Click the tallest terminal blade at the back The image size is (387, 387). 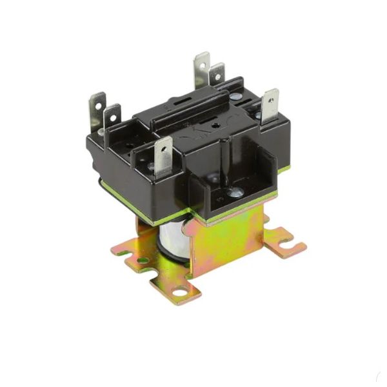202,68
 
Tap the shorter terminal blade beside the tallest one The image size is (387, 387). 217,74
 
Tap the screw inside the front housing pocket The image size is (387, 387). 235,192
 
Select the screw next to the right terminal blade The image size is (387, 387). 259,116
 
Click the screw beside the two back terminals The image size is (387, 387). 236,97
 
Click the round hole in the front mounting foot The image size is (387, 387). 176,292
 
